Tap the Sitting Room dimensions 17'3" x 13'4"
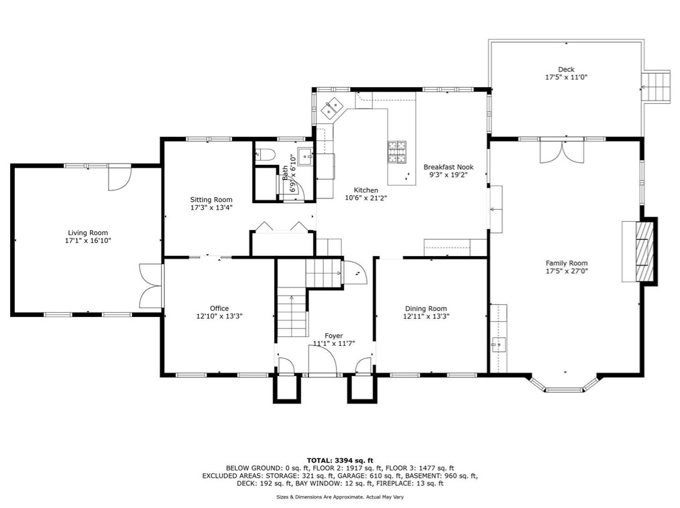211,208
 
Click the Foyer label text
333,335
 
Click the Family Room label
566,263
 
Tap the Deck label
566,69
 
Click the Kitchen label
365,190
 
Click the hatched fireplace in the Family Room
643,252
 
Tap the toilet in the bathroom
266,154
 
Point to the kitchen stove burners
396,151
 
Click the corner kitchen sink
332,107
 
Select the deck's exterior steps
657,86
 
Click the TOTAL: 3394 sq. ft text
340,460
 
